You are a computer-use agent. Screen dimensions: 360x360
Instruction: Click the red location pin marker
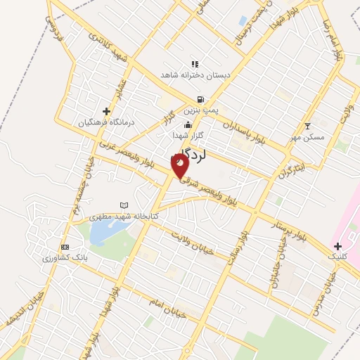pyautogui.click(x=180, y=165)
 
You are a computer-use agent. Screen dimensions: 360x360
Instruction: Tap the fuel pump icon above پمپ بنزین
pyautogui.click(x=202, y=100)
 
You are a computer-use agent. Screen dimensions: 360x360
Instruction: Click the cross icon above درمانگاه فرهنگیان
pyautogui.click(x=106, y=110)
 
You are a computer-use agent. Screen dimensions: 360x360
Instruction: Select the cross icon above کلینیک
pyautogui.click(x=338, y=247)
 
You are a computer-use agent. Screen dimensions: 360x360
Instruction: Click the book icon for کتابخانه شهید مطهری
pyautogui.click(x=124, y=205)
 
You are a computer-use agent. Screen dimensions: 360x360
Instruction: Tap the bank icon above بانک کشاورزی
pyautogui.click(x=65, y=247)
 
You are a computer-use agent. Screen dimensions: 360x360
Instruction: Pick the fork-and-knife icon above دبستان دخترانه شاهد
pyautogui.click(x=195, y=64)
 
